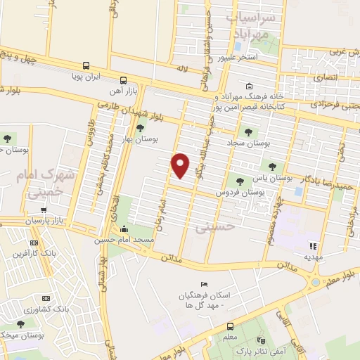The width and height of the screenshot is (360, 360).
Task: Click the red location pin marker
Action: click(181, 165)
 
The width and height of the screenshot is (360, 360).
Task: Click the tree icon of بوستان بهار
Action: click(139, 128)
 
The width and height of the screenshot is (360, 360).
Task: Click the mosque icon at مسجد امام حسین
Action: click(124, 229)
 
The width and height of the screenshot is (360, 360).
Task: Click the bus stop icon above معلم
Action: click(229, 326)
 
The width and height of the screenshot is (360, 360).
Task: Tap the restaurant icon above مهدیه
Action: click(313, 246)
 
